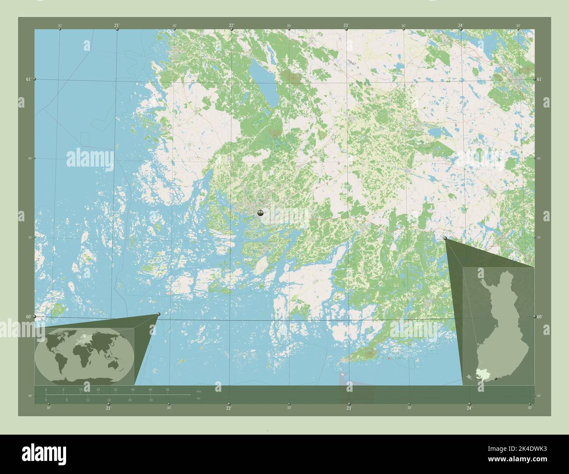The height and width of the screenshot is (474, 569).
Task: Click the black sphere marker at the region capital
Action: pos(260,213)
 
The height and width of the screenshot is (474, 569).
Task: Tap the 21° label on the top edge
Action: pos(116,26)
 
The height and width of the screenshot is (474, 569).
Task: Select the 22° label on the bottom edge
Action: pos(228,408)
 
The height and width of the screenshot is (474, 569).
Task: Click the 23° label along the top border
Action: pos(346,26)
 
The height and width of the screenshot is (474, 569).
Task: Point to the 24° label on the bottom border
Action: pos(469,408)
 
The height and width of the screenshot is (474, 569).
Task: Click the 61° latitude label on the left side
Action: pos(28,79)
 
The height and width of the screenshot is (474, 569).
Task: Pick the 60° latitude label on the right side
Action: pos(540,316)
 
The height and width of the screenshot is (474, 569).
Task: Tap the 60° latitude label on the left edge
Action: pos(28,316)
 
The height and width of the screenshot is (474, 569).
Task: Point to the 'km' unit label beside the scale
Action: pos(199,390)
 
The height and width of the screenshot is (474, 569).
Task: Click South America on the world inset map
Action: pos(61,362)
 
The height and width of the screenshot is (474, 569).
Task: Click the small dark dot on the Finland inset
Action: pos(495,379)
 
